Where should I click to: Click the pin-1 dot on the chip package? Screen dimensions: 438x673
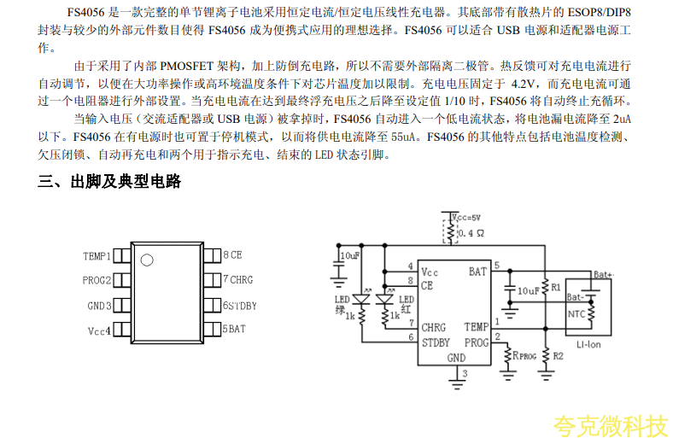(146, 260)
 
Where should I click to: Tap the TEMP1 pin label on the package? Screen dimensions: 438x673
(97, 255)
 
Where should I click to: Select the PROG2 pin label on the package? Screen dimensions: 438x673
(97, 280)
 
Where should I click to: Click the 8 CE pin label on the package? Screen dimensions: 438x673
(232, 255)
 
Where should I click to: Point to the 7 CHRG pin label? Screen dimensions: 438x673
(237, 280)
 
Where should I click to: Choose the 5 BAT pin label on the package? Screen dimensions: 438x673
(234, 329)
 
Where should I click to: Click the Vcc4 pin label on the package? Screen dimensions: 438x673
(99, 330)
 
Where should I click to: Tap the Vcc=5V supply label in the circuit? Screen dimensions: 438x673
(466, 218)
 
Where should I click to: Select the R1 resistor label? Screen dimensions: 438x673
(556, 288)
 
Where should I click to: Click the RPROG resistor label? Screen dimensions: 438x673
(524, 355)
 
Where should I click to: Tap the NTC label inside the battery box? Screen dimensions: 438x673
(578, 314)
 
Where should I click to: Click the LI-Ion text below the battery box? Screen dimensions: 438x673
(589, 344)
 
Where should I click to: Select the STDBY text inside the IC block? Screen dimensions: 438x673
(436, 342)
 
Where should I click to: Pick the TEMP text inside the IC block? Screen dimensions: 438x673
(477, 327)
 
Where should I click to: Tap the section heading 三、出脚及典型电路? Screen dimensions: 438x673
(109, 182)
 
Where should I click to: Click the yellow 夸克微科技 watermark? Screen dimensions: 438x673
(609, 424)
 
